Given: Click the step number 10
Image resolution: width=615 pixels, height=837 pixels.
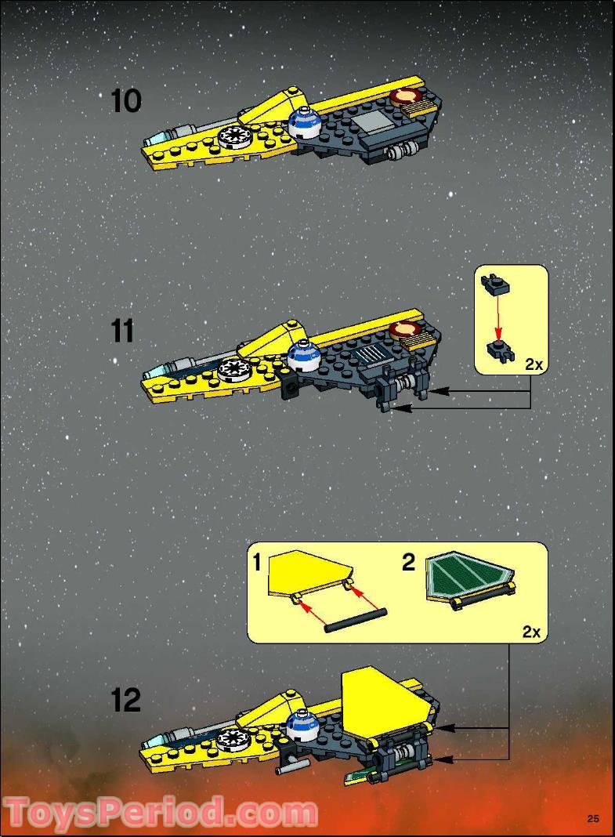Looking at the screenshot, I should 126,101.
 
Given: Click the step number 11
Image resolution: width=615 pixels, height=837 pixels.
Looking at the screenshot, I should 124,331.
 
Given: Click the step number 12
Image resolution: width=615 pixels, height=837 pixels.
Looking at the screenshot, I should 125,700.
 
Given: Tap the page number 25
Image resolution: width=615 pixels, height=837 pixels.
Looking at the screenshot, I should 593,819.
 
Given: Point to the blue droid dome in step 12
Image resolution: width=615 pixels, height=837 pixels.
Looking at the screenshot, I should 302,726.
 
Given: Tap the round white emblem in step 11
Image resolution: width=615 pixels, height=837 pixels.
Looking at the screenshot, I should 233,368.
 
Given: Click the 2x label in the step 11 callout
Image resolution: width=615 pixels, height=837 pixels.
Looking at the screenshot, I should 534,364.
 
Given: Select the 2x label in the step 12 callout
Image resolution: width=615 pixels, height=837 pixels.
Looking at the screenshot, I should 531,632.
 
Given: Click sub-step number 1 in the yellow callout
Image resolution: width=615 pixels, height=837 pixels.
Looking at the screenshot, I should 257,562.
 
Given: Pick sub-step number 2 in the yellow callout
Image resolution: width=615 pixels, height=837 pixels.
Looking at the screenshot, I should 409,563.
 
